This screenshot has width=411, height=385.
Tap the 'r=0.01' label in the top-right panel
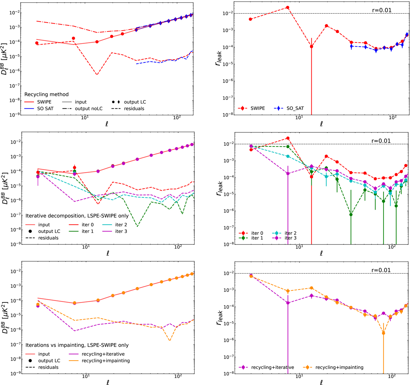pos(381,10)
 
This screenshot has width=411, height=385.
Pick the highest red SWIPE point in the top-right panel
pos(288,8)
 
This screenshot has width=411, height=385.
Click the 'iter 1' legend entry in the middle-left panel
pos(88,231)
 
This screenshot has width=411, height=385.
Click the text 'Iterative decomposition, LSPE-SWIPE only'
pos(77,216)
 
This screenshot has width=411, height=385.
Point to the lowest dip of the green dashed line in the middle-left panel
pos(137,226)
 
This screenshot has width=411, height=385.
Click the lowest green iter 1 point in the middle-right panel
pos(351,215)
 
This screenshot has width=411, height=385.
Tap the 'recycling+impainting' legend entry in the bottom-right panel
pos(339,367)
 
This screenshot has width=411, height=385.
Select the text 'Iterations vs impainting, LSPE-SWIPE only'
pos(77,345)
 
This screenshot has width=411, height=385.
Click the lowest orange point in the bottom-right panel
pos(383,333)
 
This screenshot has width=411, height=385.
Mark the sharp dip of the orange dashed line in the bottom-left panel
pos(170,340)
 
